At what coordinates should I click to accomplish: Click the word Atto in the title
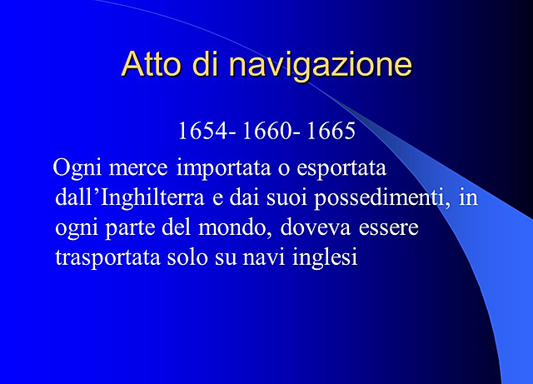pos(150,64)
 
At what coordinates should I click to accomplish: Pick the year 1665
pos(331,131)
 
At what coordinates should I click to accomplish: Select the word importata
pos(224,170)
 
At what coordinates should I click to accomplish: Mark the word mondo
pos(238,227)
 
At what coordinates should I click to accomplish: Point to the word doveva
pos(316,227)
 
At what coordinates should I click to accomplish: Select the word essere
pos(388,227)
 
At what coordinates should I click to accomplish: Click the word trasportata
pos(107,257)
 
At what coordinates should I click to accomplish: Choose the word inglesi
pos(326,257)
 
